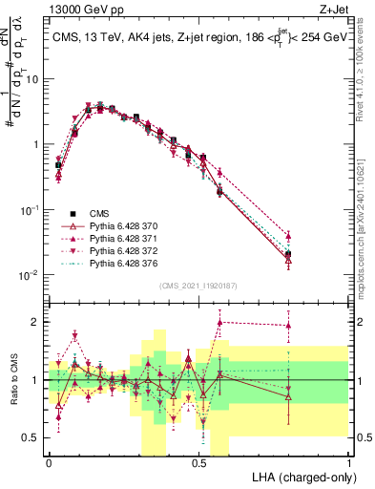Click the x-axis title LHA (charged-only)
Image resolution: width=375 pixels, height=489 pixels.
click(300, 476)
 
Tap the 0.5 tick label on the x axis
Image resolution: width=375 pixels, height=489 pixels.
click(199, 463)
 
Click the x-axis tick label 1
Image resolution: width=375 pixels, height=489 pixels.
click(349, 463)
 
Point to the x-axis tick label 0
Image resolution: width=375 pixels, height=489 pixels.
click(49, 463)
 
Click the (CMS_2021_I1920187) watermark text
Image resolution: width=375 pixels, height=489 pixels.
click(198, 285)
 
